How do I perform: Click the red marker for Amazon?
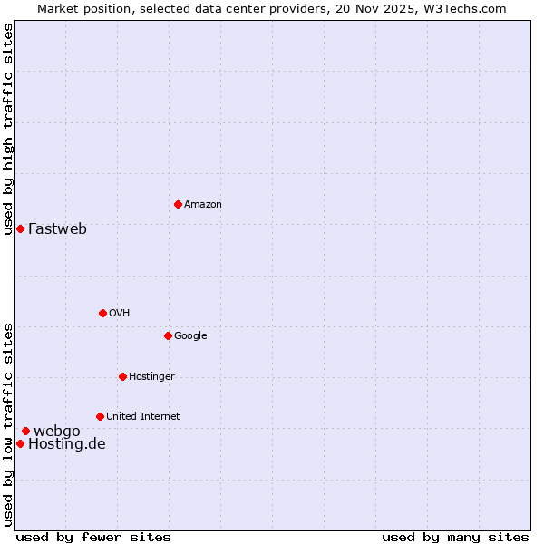[178, 204]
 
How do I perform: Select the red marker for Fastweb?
[20, 228]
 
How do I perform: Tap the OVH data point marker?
[102, 313]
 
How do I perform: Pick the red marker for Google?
[168, 335]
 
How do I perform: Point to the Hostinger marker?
[122, 376]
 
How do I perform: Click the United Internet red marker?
[100, 416]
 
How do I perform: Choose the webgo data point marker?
[25, 431]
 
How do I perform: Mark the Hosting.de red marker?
[20, 443]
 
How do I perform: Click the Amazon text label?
[203, 204]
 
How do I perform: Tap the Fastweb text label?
[57, 228]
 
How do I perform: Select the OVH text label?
[119, 313]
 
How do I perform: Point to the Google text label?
[190, 335]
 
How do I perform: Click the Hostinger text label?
[151, 376]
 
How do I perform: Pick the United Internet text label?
[142, 416]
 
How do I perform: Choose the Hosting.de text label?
[66, 443]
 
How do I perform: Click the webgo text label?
[56, 431]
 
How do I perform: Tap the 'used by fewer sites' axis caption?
[93, 537]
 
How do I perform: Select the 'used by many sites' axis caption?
[455, 537]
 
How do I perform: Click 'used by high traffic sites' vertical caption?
[8, 129]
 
